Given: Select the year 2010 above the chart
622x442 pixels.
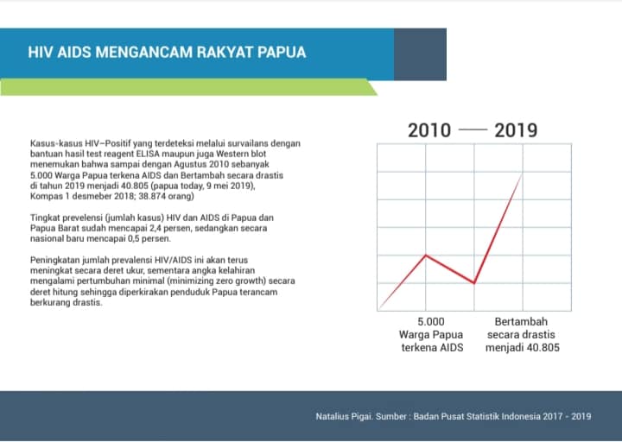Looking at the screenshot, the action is (429, 130).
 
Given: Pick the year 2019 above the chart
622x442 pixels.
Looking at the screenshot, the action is (516, 130).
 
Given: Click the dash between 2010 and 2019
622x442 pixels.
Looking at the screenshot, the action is (473, 129).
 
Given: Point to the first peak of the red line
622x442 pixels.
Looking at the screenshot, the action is (426, 256).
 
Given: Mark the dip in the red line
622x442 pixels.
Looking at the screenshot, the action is (474, 282).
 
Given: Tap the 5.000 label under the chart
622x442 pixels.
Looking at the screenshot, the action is (431, 321).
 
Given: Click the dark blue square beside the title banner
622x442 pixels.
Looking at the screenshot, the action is (420, 54).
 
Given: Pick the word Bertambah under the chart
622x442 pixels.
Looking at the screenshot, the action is (521, 321).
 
